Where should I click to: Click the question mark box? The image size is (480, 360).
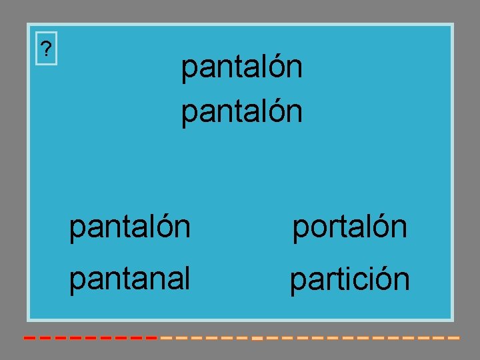pos(45,49)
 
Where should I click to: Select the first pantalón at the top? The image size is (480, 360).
pos(242,67)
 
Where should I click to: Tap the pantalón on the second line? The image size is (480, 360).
pos(242,111)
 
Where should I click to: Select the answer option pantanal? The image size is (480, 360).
pos(129,278)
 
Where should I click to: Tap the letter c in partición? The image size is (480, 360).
pos(359,281)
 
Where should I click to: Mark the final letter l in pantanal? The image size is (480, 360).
pos(187,277)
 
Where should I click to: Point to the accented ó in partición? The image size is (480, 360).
pos(384,279)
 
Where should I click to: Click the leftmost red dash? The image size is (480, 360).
pos(29,338)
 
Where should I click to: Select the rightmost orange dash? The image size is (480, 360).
pos(454,338)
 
